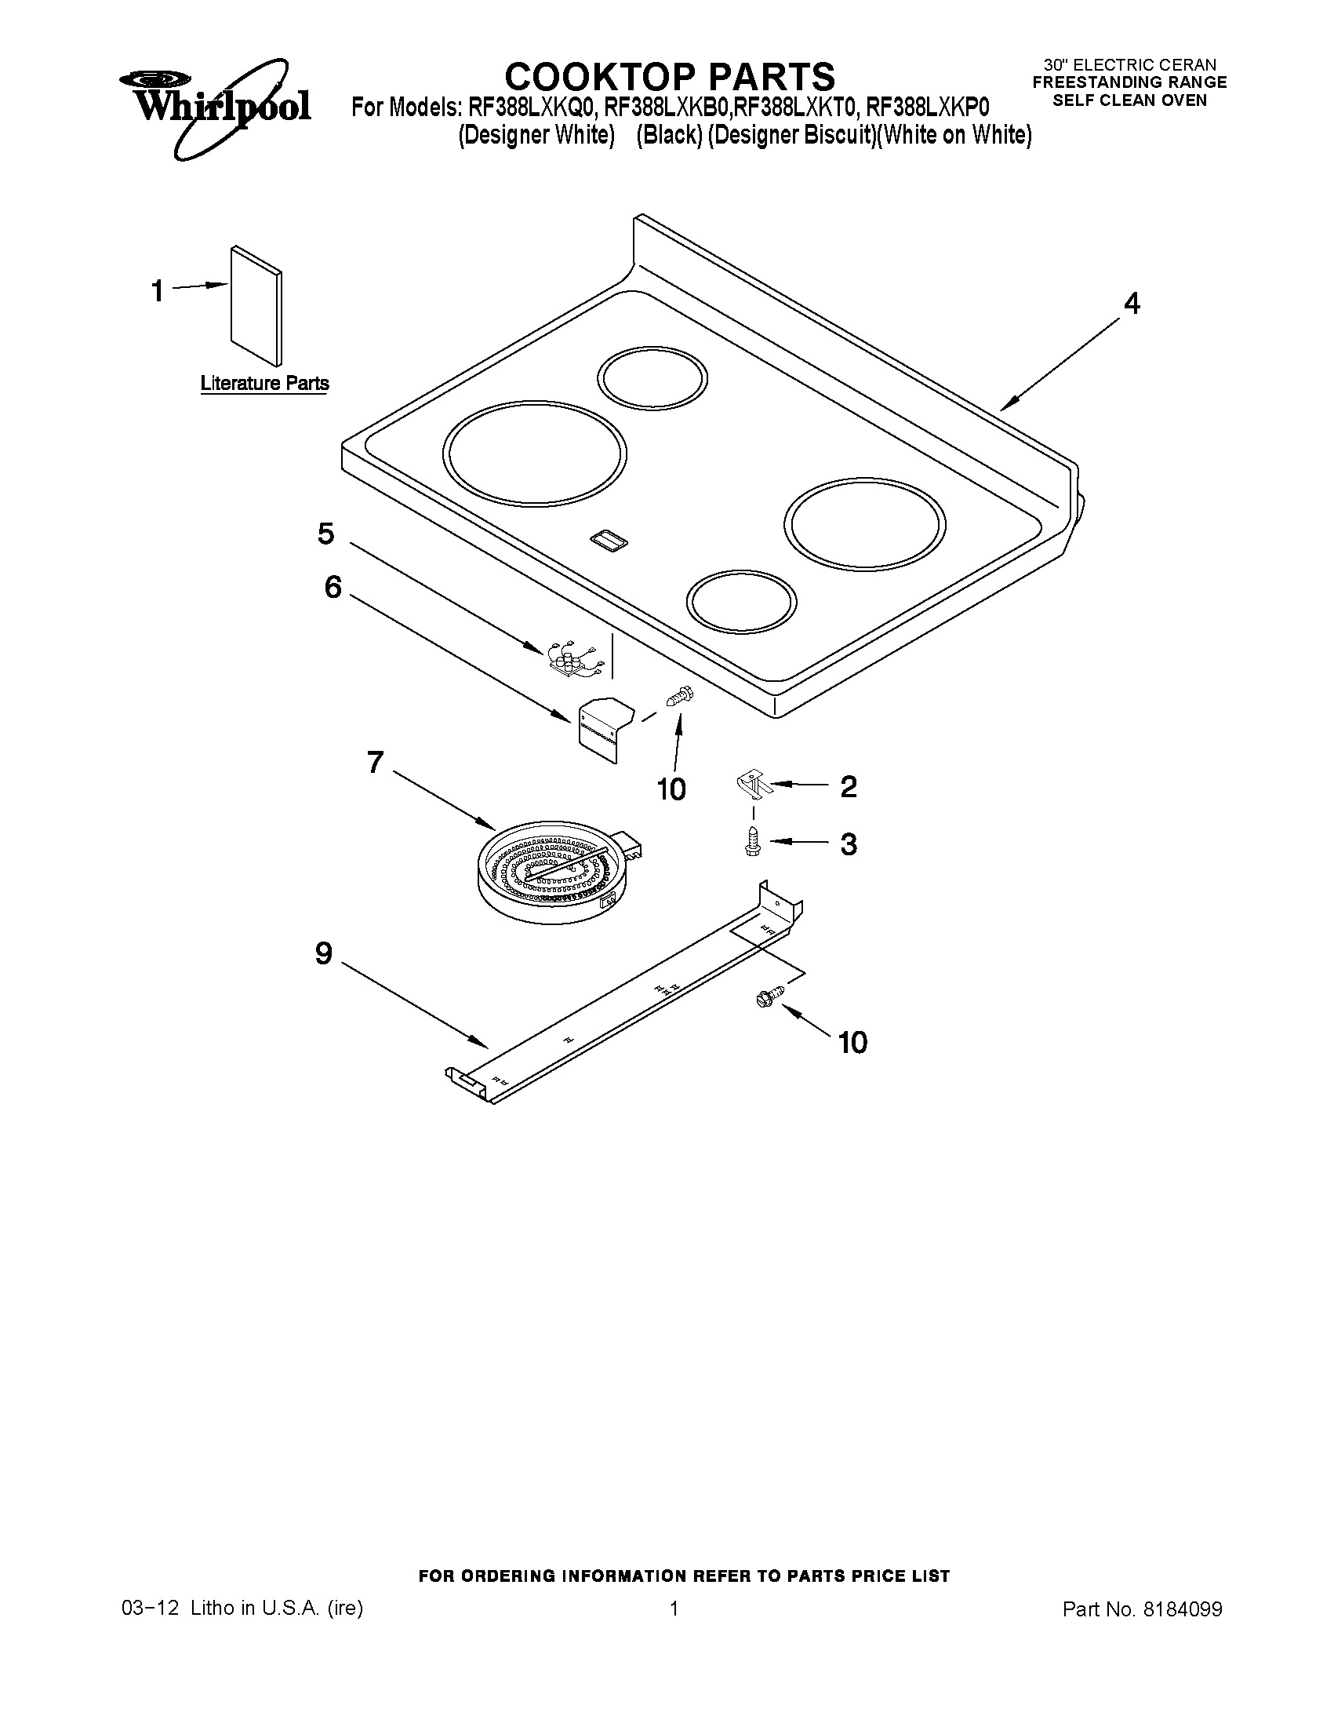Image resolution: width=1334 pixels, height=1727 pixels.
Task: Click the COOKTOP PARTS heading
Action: click(x=669, y=77)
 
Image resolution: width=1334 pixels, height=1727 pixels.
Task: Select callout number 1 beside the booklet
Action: click(x=158, y=291)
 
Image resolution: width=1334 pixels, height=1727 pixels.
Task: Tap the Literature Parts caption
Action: click(x=265, y=384)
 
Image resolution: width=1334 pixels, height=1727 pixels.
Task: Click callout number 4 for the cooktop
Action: click(x=1132, y=304)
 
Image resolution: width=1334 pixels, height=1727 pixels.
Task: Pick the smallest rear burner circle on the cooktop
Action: click(x=652, y=377)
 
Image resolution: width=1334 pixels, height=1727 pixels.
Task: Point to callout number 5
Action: click(x=325, y=534)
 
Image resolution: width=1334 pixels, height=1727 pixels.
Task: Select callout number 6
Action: click(x=333, y=587)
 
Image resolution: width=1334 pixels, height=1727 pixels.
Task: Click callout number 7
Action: click(x=376, y=763)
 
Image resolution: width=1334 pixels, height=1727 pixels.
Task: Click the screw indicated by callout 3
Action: click(x=753, y=842)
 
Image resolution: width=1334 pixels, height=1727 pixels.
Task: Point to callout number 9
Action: click(x=324, y=954)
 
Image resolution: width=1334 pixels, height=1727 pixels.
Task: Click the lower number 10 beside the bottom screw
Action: click(x=852, y=1043)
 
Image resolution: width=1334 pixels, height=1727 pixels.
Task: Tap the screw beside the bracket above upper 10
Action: click(x=678, y=696)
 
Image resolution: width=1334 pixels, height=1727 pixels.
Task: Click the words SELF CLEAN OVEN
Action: click(x=1129, y=100)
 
